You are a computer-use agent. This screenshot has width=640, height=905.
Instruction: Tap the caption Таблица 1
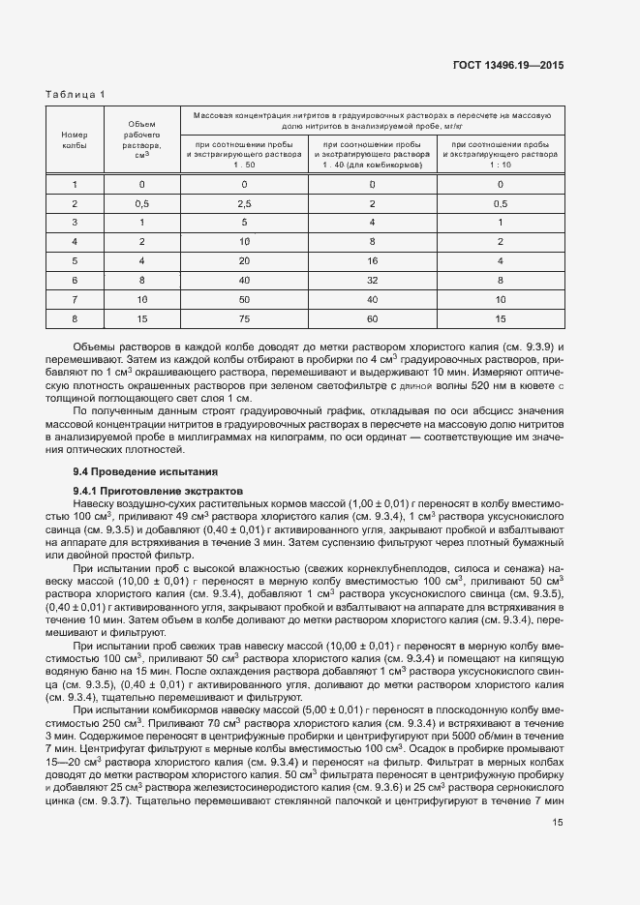[76, 93]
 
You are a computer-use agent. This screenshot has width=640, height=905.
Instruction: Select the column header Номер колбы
[75, 139]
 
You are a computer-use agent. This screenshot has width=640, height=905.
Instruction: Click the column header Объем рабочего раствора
[141, 139]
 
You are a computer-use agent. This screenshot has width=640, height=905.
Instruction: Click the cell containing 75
[244, 318]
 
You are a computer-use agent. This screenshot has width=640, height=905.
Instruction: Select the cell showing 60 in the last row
[372, 318]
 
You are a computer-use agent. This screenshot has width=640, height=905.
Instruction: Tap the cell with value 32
[372, 280]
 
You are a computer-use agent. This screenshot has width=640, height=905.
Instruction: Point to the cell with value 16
[372, 260]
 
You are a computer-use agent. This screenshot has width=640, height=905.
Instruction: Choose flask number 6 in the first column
[75, 280]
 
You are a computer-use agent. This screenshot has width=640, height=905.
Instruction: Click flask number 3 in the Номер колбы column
[75, 222]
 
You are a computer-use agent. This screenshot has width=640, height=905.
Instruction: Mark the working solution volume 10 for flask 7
[141, 299]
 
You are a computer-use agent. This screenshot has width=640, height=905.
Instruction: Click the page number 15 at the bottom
[558, 823]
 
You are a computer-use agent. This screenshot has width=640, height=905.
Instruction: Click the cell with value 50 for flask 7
[244, 299]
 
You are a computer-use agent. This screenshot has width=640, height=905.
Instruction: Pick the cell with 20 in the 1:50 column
[244, 260]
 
